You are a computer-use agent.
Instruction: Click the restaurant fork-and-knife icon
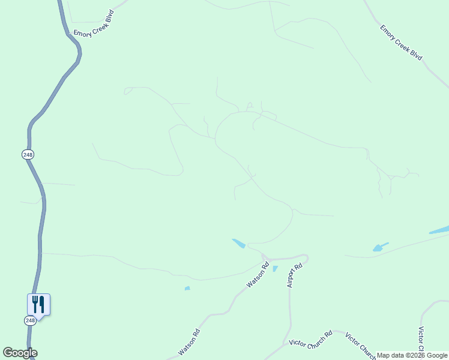pyautogui.click(x=38, y=304)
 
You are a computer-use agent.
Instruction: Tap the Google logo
pyautogui.click(x=20, y=353)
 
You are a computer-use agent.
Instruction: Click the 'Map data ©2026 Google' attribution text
pyautogui.click(x=412, y=355)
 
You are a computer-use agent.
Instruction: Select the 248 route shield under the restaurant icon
pyautogui.click(x=30, y=321)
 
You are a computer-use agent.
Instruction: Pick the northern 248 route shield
pyautogui.click(x=28, y=155)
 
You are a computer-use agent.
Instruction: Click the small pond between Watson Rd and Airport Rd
pyautogui.click(x=275, y=269)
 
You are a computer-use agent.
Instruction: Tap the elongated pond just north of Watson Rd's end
pyautogui.click(x=238, y=243)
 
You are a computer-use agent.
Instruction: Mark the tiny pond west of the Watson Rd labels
pyautogui.click(x=187, y=289)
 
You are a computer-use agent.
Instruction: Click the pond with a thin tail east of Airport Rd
pyautogui.click(x=379, y=247)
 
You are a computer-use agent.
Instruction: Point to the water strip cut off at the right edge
pyautogui.click(x=439, y=230)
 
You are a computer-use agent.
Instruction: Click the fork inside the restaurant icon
pyautogui.click(x=35, y=304)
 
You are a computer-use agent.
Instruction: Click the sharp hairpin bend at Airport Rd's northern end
pyautogui.click(x=306, y=259)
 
